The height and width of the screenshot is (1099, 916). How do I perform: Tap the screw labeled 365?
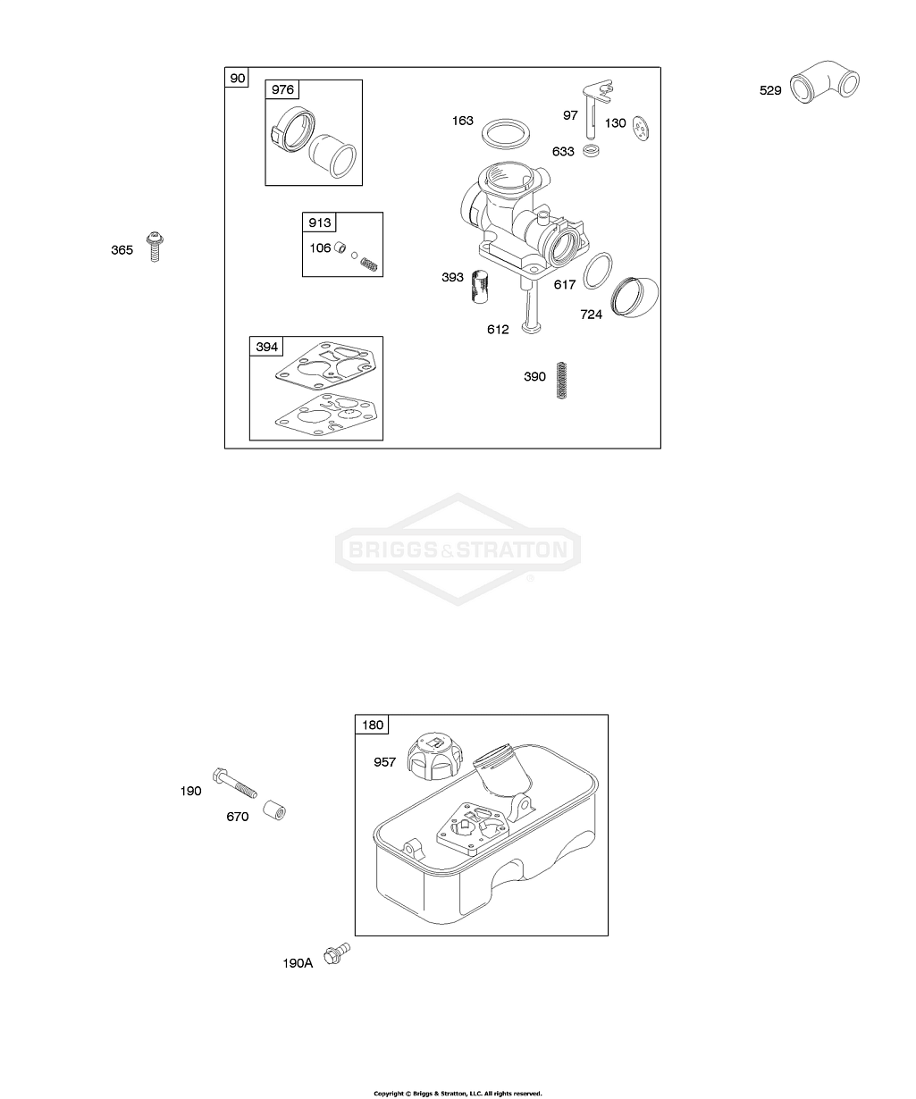tap(155, 247)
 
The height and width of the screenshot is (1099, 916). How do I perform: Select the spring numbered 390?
tap(562, 380)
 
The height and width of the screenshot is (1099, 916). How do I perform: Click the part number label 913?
tap(320, 222)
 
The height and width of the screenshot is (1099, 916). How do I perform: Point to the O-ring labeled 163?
tap(506, 134)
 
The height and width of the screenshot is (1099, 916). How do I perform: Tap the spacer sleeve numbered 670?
tap(273, 810)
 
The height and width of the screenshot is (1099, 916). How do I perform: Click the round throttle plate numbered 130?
tap(641, 128)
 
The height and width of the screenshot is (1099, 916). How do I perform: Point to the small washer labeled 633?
tap(592, 150)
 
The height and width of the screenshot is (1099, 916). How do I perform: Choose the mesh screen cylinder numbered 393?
tap(480, 286)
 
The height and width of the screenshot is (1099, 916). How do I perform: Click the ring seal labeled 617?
tap(598, 271)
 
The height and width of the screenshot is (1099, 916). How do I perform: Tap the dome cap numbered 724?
tap(634, 297)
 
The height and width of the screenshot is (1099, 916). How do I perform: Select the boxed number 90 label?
tap(238, 78)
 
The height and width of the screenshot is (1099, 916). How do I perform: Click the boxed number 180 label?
tap(373, 726)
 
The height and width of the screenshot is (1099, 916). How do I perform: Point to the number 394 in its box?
tap(267, 347)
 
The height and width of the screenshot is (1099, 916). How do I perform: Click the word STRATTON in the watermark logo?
tap(512, 550)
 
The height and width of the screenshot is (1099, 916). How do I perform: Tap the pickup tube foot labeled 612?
tap(531, 306)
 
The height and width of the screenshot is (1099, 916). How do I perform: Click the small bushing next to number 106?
tap(340, 247)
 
